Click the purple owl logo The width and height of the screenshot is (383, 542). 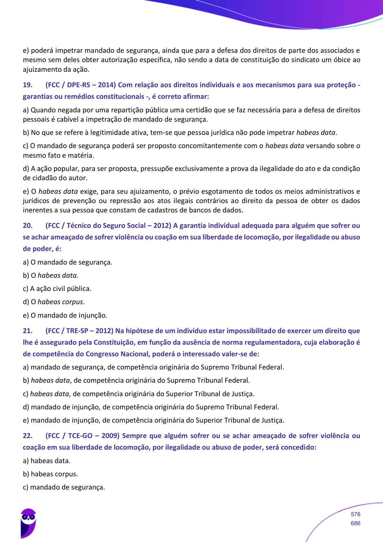pos(28,523)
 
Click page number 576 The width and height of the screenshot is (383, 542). pos(355,514)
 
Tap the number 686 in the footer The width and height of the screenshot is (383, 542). pos(355,523)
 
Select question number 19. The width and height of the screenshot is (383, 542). pos(28,85)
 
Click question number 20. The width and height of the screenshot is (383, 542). pos(28,226)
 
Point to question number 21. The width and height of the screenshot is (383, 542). pos(28,331)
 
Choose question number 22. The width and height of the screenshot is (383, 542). pos(28,436)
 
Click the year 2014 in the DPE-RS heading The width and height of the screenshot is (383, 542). pos(107,85)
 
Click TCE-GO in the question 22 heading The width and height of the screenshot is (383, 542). pos(80,436)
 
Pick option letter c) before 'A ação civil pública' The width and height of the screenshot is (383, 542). pos(25,289)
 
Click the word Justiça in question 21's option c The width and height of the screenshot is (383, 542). pos(243,394)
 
